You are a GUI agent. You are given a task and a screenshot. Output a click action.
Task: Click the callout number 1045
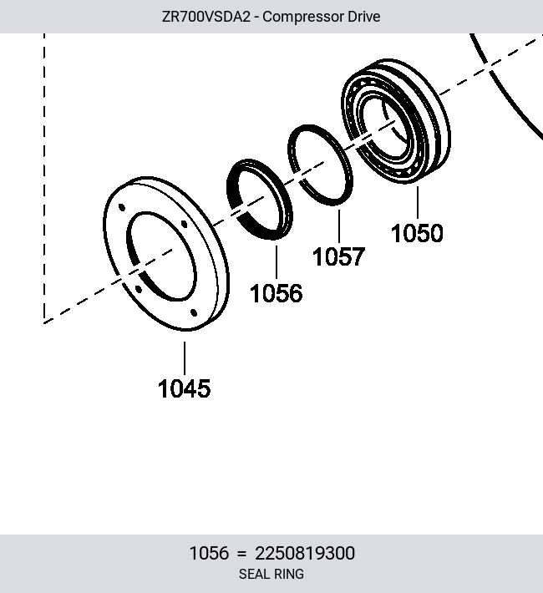point(184,388)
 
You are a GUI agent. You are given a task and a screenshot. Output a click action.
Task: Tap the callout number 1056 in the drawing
point(277,293)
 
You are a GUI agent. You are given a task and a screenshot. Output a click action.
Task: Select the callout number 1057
point(338,256)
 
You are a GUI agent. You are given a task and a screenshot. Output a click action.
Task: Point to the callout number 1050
point(417,233)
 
